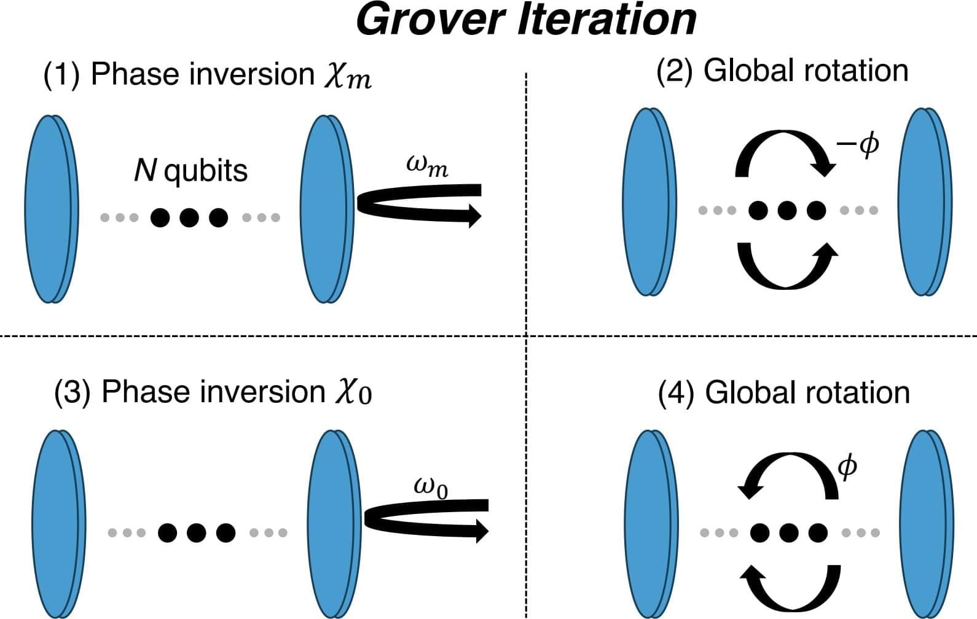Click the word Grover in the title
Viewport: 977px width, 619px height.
coord(430,20)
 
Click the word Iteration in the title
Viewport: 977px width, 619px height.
coord(607,20)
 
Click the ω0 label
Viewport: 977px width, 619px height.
coord(431,488)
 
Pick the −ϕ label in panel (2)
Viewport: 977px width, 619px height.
coord(858,146)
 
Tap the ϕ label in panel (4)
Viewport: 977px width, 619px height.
coord(847,468)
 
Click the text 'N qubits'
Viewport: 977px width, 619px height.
coord(190,170)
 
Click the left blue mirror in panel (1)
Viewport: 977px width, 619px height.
coord(52,209)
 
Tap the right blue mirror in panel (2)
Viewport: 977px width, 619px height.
coord(925,202)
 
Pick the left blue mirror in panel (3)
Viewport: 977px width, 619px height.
coord(59,524)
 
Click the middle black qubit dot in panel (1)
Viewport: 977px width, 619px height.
coord(189,217)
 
